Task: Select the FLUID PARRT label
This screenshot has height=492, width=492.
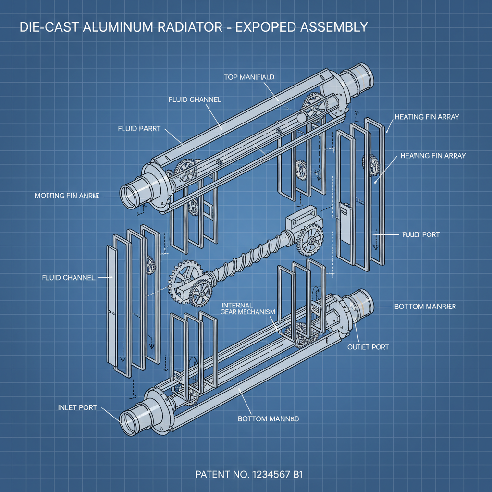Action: pyautogui.click(x=139, y=129)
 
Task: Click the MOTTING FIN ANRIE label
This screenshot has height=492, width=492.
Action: pyautogui.click(x=67, y=196)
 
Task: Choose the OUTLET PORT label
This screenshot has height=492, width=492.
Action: pyautogui.click(x=368, y=346)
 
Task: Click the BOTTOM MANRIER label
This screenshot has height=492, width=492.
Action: pyautogui.click(x=425, y=306)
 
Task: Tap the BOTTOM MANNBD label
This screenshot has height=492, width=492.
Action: pyautogui.click(x=269, y=419)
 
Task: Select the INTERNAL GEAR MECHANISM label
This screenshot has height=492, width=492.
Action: pyautogui.click(x=248, y=308)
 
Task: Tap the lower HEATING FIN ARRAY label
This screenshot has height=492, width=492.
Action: pyautogui.click(x=433, y=156)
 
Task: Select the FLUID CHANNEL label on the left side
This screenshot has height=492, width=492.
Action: pyautogui.click(x=69, y=278)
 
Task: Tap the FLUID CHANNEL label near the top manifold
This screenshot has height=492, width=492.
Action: pyautogui.click(x=195, y=99)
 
